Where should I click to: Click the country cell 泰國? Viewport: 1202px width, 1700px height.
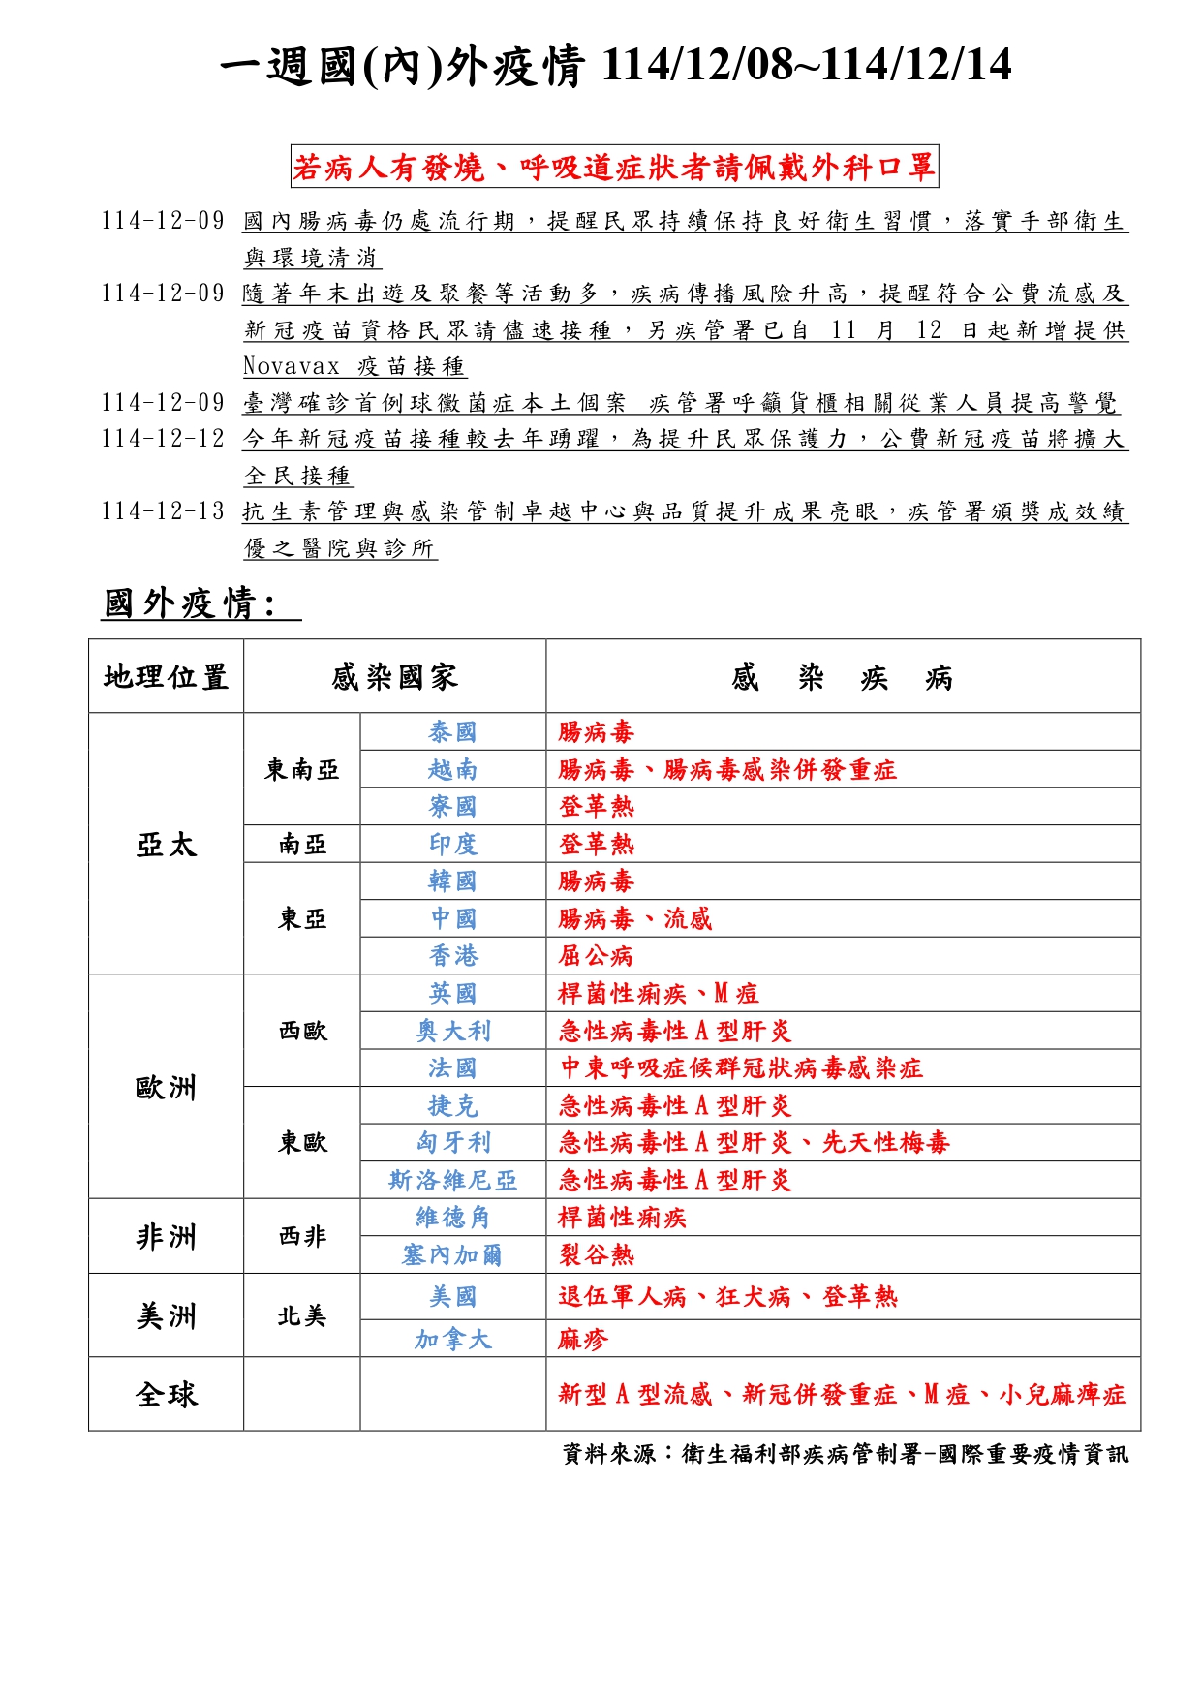[452, 732]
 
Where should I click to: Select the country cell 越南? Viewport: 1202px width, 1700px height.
[452, 770]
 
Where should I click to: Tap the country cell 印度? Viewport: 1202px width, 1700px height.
[452, 845]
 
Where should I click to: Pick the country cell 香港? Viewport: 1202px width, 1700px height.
[452, 956]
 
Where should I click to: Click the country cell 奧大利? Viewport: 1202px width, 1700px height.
[452, 1032]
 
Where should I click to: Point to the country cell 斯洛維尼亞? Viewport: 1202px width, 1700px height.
[452, 1181]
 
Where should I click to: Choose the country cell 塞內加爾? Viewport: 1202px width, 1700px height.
[452, 1255]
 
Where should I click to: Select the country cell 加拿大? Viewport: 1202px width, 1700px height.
[452, 1340]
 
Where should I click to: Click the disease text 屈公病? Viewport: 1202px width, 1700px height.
[596, 957]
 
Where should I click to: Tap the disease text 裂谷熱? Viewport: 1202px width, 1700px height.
[596, 1255]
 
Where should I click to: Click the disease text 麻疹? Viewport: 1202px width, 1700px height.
[583, 1340]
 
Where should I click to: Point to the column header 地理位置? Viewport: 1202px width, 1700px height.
[166, 677]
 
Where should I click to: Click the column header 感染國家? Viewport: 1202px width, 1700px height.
[394, 677]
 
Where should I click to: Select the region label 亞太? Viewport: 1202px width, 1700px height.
[166, 845]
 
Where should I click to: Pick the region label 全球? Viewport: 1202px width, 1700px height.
[166, 1395]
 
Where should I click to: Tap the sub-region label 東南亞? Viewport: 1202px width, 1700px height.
[301, 770]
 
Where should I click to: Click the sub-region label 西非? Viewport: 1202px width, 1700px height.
[301, 1237]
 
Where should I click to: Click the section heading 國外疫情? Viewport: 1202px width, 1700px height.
[190, 603]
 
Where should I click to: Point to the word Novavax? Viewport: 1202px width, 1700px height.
[292, 366]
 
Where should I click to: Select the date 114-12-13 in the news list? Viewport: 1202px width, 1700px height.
[163, 511]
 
